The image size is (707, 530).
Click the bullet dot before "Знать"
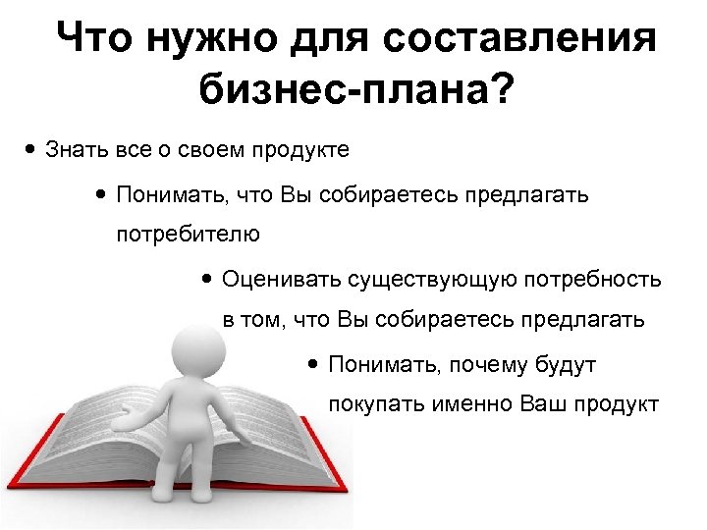click(32, 150)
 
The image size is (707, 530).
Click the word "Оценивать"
click(281, 279)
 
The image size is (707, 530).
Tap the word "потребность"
click(594, 279)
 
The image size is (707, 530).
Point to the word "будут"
click(568, 365)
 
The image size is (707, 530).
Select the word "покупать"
click(376, 404)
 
